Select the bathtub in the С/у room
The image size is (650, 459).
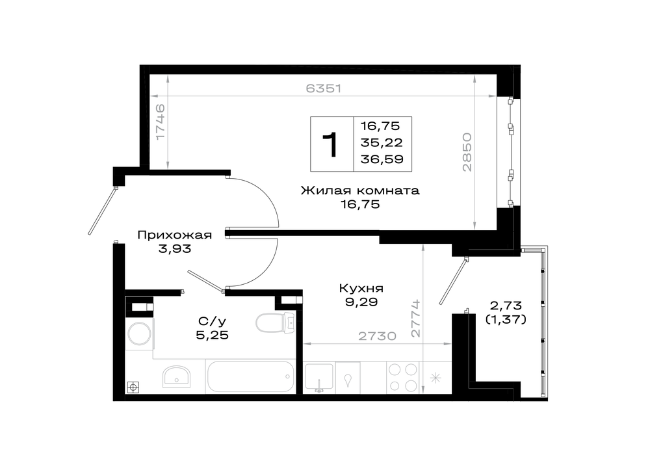click(x=250, y=376)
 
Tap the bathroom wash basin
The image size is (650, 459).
click(x=177, y=376)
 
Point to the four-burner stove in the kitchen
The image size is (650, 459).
click(x=402, y=377)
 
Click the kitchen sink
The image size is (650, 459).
click(x=318, y=377)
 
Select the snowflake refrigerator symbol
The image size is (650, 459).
click(x=435, y=378)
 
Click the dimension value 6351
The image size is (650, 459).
click(x=323, y=88)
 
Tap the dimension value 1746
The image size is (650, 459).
click(x=160, y=122)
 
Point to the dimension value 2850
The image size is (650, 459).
click(x=467, y=151)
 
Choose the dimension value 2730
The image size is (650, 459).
click(x=377, y=335)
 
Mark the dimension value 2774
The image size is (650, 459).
click(x=415, y=318)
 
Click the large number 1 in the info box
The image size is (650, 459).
click(x=331, y=145)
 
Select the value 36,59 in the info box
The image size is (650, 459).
click(x=382, y=159)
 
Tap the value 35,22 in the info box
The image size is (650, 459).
click(x=382, y=142)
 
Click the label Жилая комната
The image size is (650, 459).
click(x=360, y=190)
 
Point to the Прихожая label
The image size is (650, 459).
click(x=174, y=235)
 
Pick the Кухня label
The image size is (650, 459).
click(x=361, y=288)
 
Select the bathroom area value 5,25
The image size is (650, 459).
click(x=213, y=335)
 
